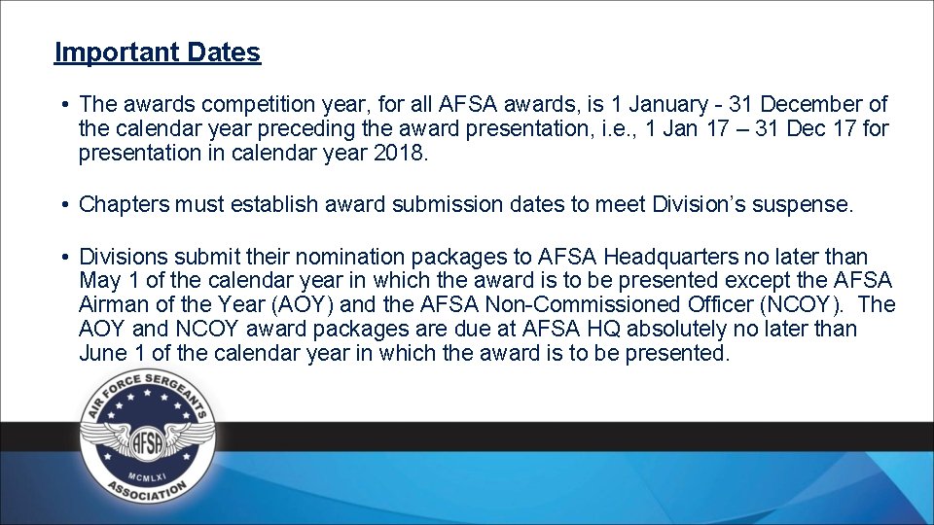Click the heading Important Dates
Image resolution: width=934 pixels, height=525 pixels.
[x=158, y=52]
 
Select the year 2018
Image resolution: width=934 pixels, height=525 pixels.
[x=399, y=153]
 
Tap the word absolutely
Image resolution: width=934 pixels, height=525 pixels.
[x=689, y=330]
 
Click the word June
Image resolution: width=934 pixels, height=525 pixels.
[x=102, y=353]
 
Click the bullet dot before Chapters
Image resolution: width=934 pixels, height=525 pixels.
[x=62, y=205]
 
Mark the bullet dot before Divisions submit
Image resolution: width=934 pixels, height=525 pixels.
[x=62, y=257]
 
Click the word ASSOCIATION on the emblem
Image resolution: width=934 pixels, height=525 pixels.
[x=147, y=493]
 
